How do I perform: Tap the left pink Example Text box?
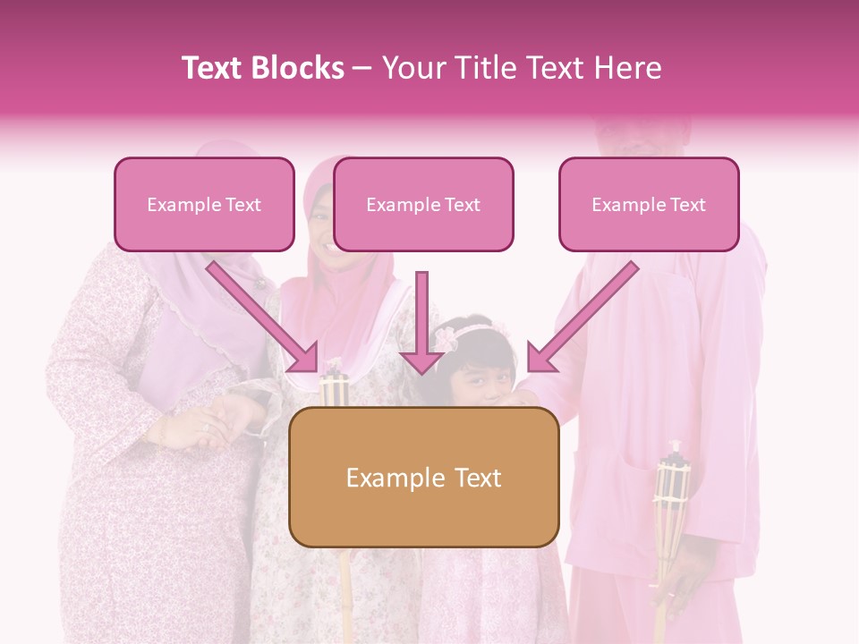pyautogui.click(x=204, y=205)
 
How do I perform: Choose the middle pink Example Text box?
pyautogui.click(x=423, y=205)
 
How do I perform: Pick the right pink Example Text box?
pyautogui.click(x=649, y=205)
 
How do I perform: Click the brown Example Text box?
pyautogui.click(x=424, y=478)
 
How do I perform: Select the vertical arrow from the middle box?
pyautogui.click(x=422, y=322)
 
